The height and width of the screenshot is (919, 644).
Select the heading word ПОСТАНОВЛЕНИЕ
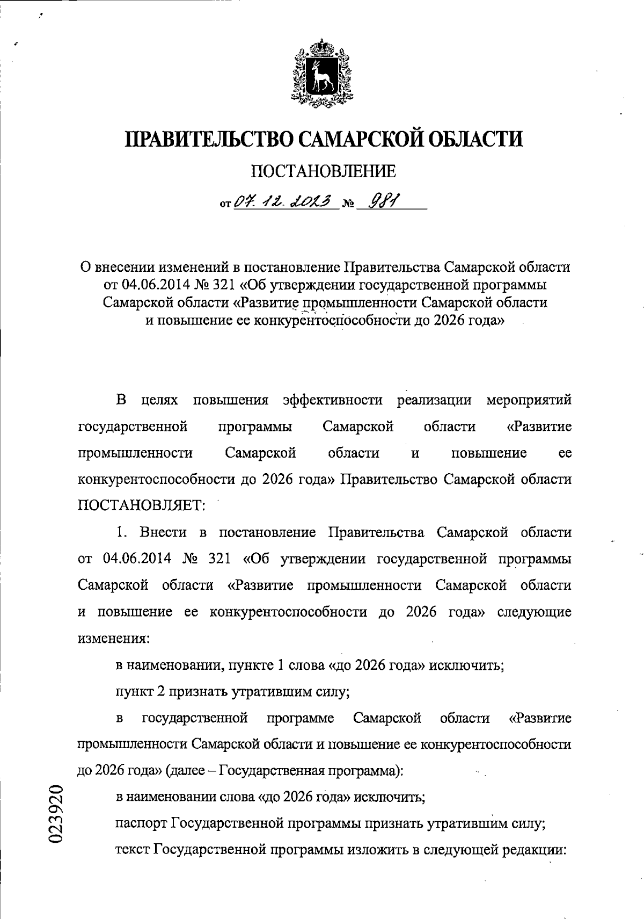click(x=324, y=172)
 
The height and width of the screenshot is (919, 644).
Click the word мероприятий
click(x=528, y=401)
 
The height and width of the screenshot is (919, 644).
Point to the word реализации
click(x=434, y=401)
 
